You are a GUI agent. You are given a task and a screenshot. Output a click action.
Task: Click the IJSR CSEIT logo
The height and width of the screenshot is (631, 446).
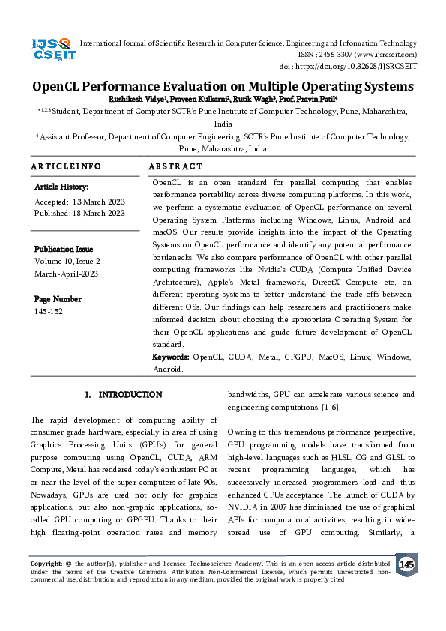click(52, 50)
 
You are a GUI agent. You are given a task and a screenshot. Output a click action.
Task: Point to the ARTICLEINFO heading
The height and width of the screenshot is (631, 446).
click(65, 166)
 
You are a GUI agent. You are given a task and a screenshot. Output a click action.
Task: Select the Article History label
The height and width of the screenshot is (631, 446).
click(61, 187)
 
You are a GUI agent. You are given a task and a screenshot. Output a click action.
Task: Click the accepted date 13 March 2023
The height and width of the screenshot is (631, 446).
click(97, 202)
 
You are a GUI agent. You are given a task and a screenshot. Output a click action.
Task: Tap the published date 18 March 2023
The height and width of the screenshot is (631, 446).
click(99, 213)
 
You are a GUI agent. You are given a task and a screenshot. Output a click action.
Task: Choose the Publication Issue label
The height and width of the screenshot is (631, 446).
click(64, 249)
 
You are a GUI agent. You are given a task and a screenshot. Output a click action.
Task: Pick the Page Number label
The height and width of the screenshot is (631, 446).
click(58, 299)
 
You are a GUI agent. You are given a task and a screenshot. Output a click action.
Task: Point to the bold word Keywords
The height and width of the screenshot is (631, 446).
click(170, 357)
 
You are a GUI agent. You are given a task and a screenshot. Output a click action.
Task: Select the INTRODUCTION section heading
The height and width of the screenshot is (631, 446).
click(130, 394)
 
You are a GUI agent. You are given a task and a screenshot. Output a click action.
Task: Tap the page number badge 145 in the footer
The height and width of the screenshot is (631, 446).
click(406, 564)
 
